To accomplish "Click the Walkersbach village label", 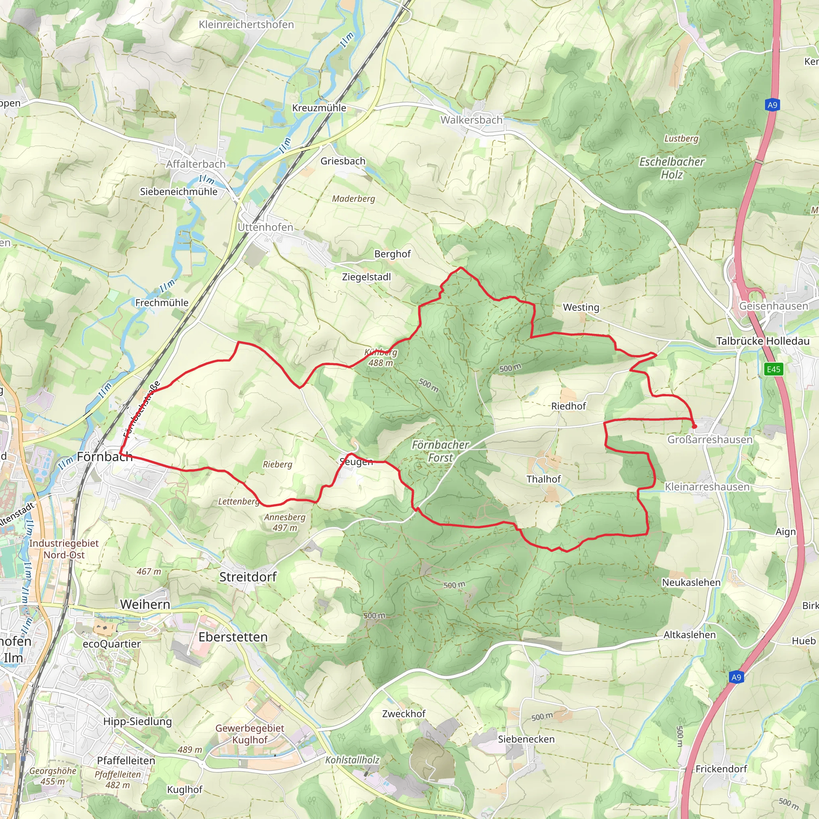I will pyautogui.click(x=471, y=120).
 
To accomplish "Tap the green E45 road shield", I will pyautogui.click(x=773, y=369).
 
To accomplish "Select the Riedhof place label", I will pyautogui.click(x=569, y=406).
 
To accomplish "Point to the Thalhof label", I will pyautogui.click(x=543, y=479).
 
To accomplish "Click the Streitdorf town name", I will pyautogui.click(x=248, y=577).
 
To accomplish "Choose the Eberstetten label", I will pyautogui.click(x=233, y=637).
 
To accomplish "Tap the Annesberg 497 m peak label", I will pyautogui.click(x=285, y=522).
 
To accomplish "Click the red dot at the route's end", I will pyautogui.click(x=694, y=426).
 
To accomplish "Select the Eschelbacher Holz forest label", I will pyautogui.click(x=672, y=168).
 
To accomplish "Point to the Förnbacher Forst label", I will pyautogui.click(x=440, y=451).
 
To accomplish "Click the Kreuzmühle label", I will pyautogui.click(x=319, y=108).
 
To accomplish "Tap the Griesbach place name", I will pyautogui.click(x=343, y=161).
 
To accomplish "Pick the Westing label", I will pyautogui.click(x=581, y=308).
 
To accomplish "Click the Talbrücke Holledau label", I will pyautogui.click(x=763, y=341).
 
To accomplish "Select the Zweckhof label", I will pyautogui.click(x=404, y=714).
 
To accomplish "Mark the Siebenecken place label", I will pyautogui.click(x=526, y=739).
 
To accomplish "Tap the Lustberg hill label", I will pyautogui.click(x=681, y=139).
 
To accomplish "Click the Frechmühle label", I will pyautogui.click(x=162, y=303).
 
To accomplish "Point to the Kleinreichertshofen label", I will pyautogui.click(x=246, y=24).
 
